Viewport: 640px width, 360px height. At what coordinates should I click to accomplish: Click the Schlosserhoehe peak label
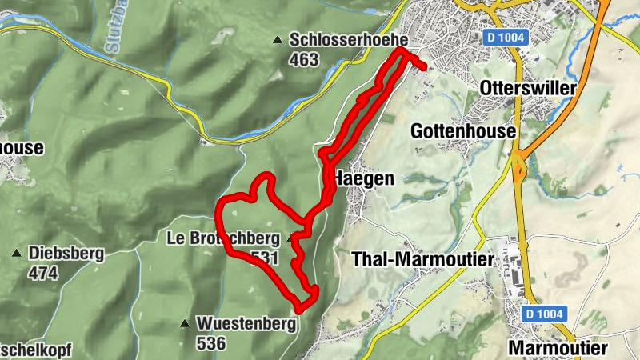click(x=350, y=39)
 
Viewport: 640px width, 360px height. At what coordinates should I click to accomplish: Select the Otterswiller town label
click(x=528, y=89)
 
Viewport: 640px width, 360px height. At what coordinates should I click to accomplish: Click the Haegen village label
click(x=366, y=179)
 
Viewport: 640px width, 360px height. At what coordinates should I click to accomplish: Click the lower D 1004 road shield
click(x=545, y=314)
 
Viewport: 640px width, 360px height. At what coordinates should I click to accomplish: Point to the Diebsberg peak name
click(x=66, y=254)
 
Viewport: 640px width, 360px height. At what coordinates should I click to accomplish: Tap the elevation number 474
click(x=44, y=273)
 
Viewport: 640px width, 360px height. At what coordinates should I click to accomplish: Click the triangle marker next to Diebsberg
click(x=17, y=254)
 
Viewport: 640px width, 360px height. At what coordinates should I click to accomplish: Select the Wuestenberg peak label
click(x=246, y=324)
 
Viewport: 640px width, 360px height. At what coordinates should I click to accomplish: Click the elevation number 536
click(x=211, y=343)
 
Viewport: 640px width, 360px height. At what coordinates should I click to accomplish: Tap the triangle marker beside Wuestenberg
click(x=185, y=324)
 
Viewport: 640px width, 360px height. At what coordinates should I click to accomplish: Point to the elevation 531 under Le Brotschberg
click(x=265, y=257)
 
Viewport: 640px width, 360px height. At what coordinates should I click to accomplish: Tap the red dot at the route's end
click(x=422, y=67)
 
